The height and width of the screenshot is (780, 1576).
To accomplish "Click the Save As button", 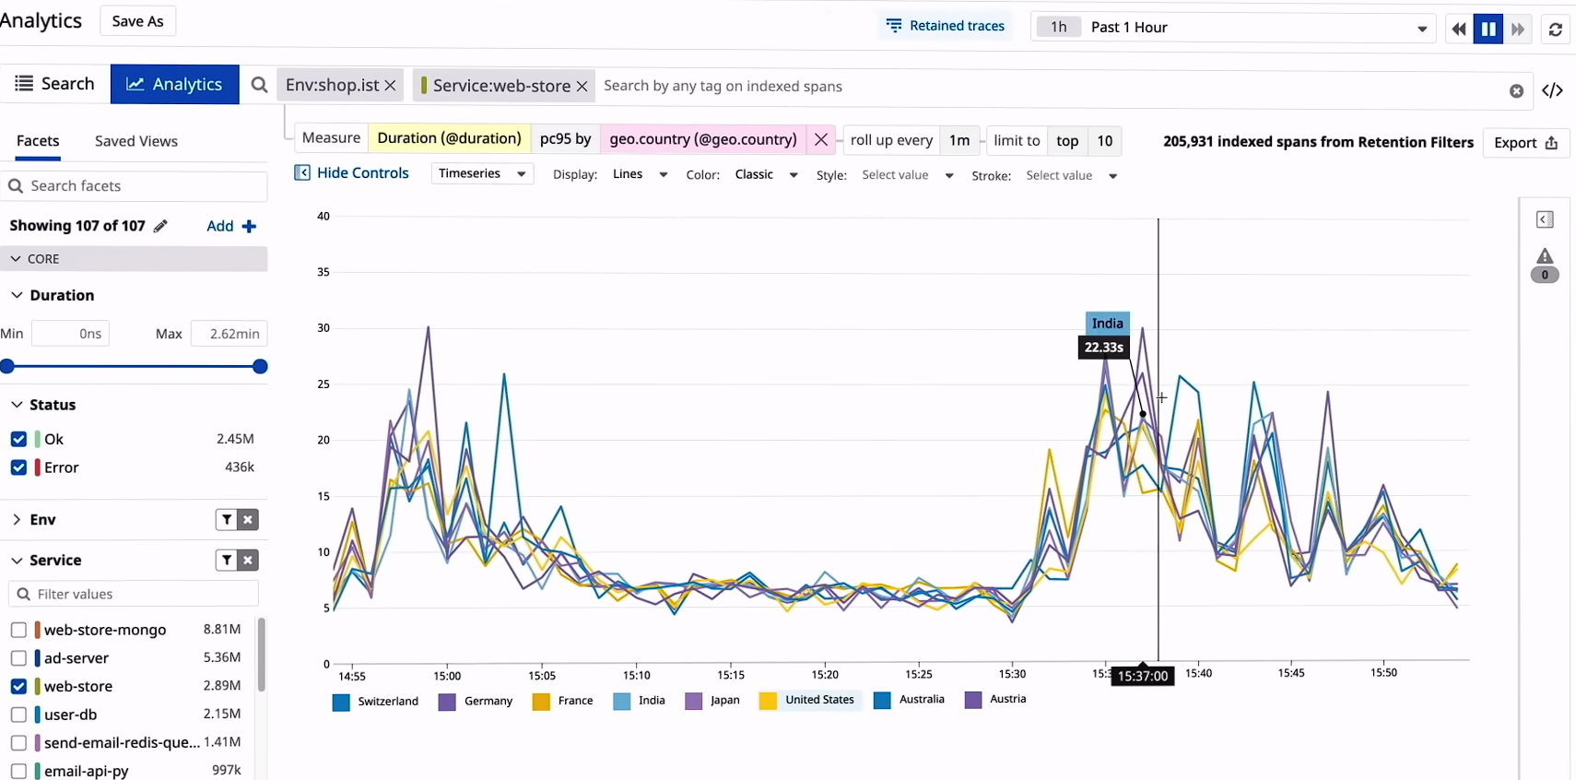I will click(137, 21).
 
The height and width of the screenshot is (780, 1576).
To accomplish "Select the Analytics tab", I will click(174, 84).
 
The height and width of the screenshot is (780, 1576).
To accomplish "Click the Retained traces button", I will click(946, 26).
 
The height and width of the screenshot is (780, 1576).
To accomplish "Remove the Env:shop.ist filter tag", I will click(390, 86).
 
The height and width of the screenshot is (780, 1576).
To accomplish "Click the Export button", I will click(1525, 143).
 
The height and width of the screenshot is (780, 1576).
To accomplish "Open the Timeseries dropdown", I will click(482, 173).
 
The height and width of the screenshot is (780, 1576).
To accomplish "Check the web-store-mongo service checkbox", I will click(18, 630).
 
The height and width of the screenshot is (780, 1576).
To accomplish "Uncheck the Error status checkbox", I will click(18, 467).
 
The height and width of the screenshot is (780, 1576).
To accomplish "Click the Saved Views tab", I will click(135, 141).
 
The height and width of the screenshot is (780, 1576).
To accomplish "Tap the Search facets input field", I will click(138, 186).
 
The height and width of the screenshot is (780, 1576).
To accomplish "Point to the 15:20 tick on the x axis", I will click(825, 674).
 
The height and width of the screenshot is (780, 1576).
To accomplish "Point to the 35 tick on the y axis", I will click(323, 272).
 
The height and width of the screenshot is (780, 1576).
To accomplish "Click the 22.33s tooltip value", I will click(1103, 348).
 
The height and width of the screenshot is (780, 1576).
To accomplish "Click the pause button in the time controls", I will click(1488, 29).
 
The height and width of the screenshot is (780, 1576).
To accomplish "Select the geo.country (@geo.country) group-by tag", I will click(702, 139).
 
